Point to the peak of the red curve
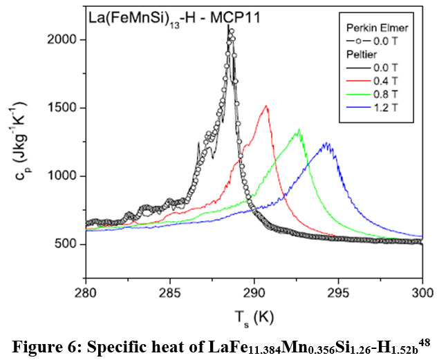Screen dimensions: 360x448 [x=267, y=106]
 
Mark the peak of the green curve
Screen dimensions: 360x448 [x=299, y=130]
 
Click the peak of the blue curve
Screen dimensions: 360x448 [x=326, y=144]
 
